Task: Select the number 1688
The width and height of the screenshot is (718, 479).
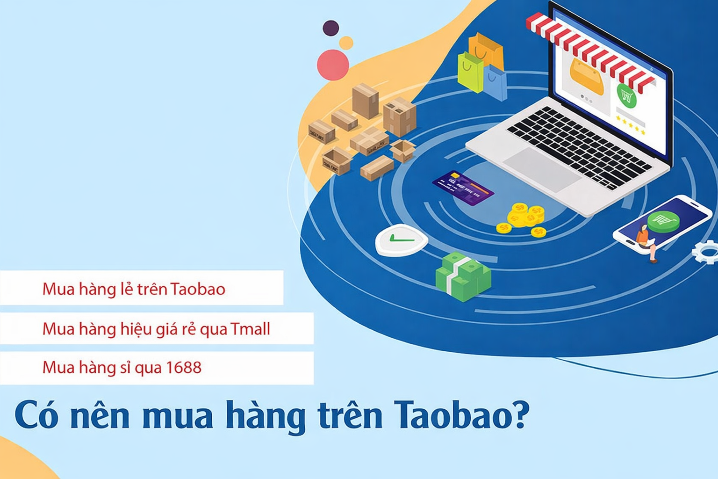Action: point(183,368)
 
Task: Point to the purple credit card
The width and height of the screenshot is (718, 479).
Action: point(463,188)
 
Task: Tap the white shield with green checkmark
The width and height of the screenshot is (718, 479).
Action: point(401,240)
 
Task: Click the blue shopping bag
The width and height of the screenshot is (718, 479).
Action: point(495,83)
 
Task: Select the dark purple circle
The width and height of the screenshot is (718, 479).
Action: point(331,28)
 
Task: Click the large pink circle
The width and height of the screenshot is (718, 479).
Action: point(333,64)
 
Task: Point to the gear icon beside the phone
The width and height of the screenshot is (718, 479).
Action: point(706,253)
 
